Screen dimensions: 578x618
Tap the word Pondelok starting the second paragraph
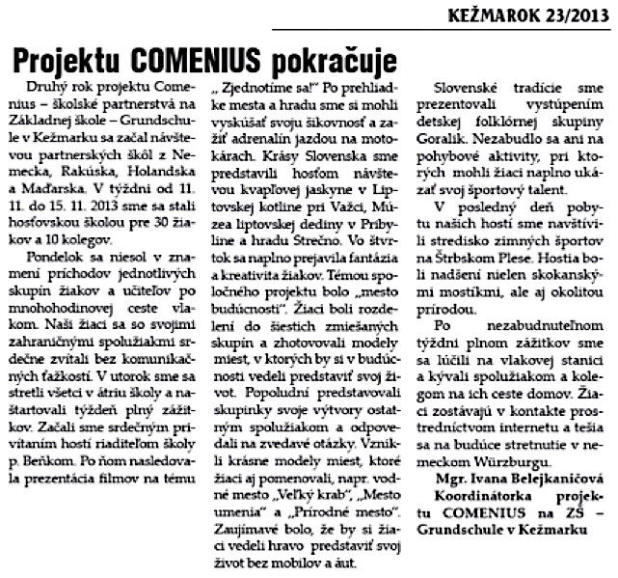tap(57, 232)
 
